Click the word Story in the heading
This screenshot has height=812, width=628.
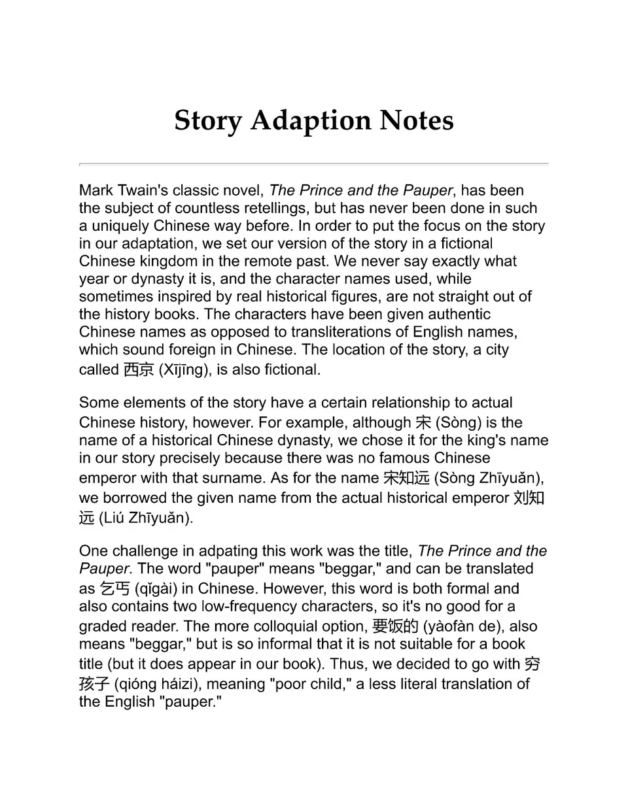pyautogui.click(x=207, y=121)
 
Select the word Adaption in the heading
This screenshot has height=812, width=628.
pyautogui.click(x=310, y=121)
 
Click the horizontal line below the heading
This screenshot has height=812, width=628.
pyautogui.click(x=313, y=163)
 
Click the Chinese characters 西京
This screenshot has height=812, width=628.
pyautogui.click(x=138, y=370)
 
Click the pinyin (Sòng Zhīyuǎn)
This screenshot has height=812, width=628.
pyautogui.click(x=489, y=478)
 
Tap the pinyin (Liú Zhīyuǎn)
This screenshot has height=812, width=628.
pyautogui.click(x=146, y=518)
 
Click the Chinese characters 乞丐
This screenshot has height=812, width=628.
pyautogui.click(x=114, y=588)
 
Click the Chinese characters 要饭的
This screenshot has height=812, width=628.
pyautogui.click(x=395, y=626)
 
